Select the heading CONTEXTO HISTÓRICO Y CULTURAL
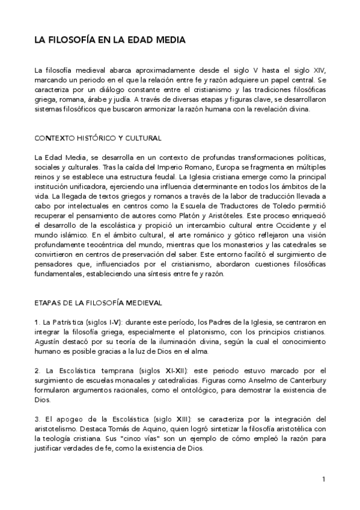tap(97, 138)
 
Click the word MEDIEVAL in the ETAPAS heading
tap(138, 302)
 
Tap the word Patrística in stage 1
tap(67, 322)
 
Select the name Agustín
tap(48, 342)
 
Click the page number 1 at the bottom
tap(323, 479)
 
